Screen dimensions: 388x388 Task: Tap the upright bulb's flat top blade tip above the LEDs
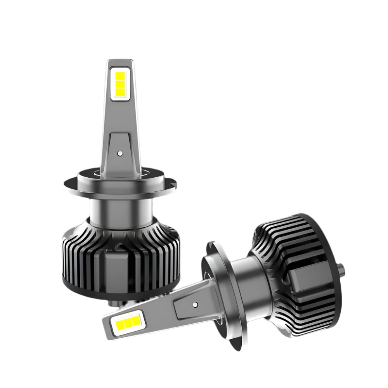point(120,62)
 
